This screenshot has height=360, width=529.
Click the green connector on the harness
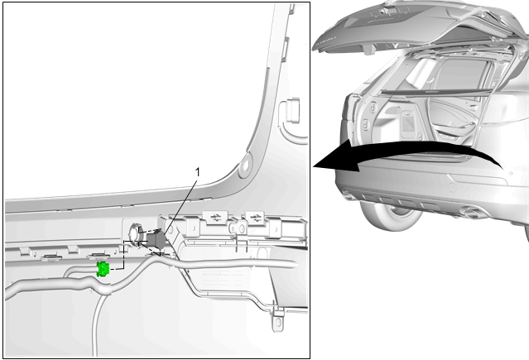pyautogui.click(x=103, y=269)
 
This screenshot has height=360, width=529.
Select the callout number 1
pyautogui.click(x=198, y=172)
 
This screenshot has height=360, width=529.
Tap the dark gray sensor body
pyautogui.click(x=156, y=239)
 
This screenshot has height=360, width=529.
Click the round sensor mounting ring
pyautogui.click(x=134, y=234)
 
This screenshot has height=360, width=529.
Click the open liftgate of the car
pyautogui.click(x=418, y=24)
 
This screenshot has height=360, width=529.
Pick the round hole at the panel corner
pyautogui.click(x=245, y=165)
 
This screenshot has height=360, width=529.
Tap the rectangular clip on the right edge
pyautogui.click(x=293, y=110)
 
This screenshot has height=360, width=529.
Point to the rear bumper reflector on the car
pyautogui.click(x=479, y=179)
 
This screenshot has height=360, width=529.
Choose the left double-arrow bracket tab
pyautogui.click(x=214, y=218)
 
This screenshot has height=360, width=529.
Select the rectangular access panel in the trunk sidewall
pyautogui.click(x=408, y=124)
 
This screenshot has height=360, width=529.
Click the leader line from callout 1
pyautogui.click(x=180, y=207)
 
